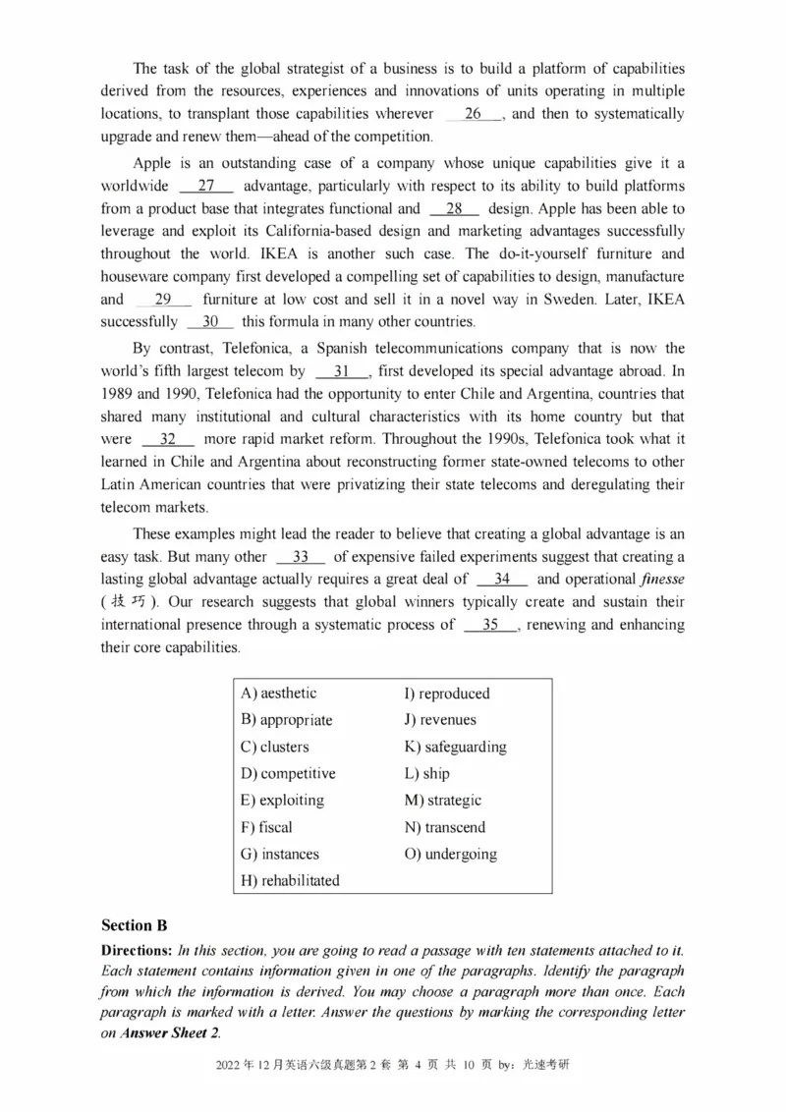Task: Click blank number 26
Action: tap(475, 115)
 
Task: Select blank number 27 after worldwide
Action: tap(206, 187)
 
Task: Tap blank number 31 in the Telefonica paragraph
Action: tap(342, 372)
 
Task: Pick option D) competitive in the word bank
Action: tap(288, 774)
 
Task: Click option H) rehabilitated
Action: tap(290, 881)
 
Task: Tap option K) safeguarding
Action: tap(455, 748)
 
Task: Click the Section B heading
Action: tap(135, 926)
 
